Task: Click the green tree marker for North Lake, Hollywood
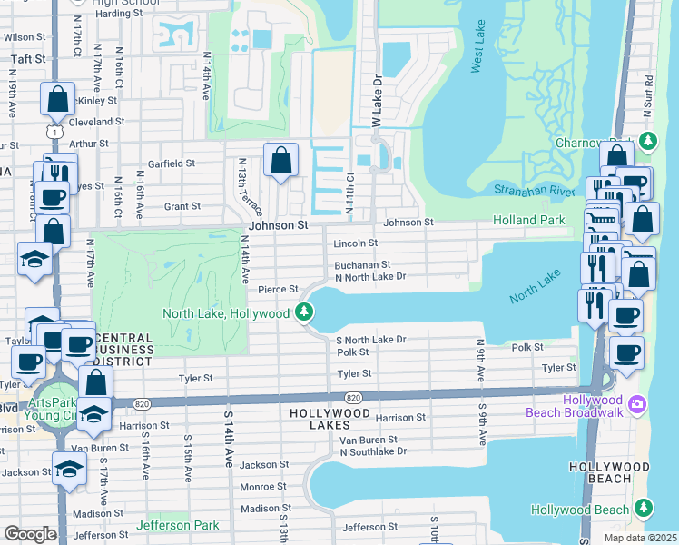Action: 305,313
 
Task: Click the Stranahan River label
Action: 535,190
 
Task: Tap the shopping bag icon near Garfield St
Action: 281,161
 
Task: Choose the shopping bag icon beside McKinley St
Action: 57,99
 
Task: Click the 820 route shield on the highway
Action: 354,397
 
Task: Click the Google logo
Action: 30,534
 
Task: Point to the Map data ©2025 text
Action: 640,538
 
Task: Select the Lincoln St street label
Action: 355,243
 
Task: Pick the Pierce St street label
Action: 278,289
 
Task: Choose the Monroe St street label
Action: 263,487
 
